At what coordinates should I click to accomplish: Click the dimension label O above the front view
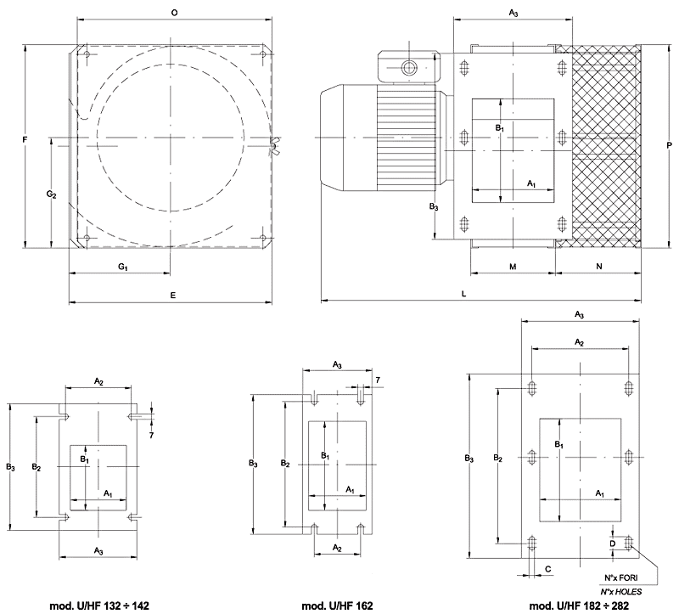174,14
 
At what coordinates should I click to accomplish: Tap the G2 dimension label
51,194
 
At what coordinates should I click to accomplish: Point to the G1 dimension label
122,268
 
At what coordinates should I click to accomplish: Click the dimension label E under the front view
173,295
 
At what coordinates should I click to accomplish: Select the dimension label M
513,267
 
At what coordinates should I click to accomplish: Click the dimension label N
599,267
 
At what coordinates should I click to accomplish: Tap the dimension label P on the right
670,145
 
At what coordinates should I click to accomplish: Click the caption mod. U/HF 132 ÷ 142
99,606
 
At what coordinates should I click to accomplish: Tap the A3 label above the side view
513,14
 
